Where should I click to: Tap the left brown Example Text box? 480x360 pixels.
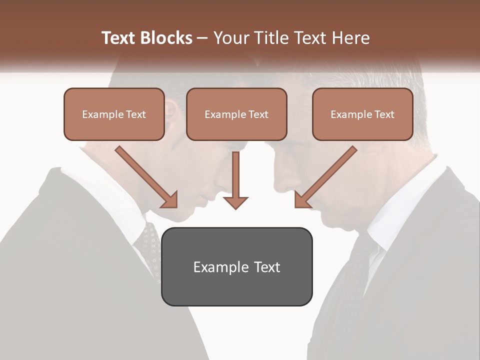click(x=114, y=114)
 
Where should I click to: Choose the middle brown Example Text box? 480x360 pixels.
click(x=236, y=114)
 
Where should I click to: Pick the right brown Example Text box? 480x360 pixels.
click(x=362, y=114)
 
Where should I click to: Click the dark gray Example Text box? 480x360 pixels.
click(x=236, y=266)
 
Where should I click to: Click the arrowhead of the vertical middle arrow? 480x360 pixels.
click(x=235, y=202)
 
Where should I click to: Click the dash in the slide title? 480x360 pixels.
click(x=202, y=38)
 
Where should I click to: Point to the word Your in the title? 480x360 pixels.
click(x=230, y=38)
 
